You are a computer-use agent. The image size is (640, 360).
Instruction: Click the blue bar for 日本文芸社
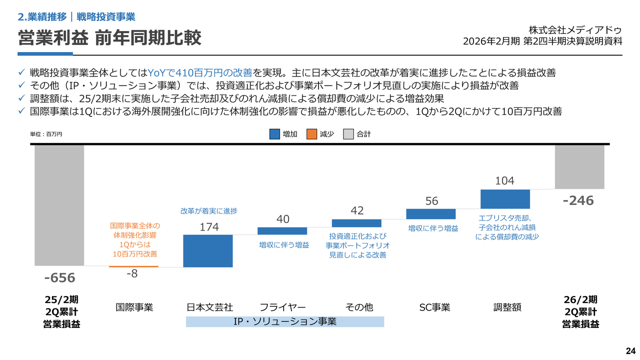pyautogui.click(x=208, y=250)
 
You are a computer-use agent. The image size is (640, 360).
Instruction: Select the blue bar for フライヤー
pyautogui.click(x=282, y=231)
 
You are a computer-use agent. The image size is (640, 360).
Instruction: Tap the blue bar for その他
pyautogui.click(x=356, y=223)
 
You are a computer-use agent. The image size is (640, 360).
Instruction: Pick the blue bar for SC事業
pyautogui.click(x=431, y=214)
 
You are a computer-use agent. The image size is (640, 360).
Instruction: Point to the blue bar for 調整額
pyautogui.click(x=505, y=199)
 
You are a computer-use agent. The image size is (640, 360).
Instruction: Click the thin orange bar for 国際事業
pyautogui.click(x=133, y=266)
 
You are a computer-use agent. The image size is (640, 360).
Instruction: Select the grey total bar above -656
pyautogui.click(x=59, y=205)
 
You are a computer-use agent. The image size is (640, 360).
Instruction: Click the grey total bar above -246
pyautogui.click(x=579, y=167)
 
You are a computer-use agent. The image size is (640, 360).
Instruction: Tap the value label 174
pyautogui.click(x=209, y=227)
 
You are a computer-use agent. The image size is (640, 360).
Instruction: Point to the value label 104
pyautogui.click(x=504, y=181)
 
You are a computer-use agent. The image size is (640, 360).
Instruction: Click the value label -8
pyautogui.click(x=132, y=273)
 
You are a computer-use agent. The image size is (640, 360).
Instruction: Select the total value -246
pyautogui.click(x=578, y=200)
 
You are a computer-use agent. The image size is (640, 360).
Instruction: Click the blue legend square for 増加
pyautogui.click(x=274, y=134)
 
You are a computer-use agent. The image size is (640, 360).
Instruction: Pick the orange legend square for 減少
pyautogui.click(x=311, y=134)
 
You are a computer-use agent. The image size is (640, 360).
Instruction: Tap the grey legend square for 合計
pyautogui.click(x=348, y=134)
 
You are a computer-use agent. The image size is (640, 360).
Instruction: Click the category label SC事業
pyautogui.click(x=434, y=307)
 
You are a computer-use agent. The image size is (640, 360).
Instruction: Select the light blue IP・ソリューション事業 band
pyautogui.click(x=285, y=321)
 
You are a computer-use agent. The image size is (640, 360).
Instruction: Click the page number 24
pyautogui.click(x=630, y=349)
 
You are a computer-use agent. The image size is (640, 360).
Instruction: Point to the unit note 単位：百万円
pyautogui.click(x=46, y=134)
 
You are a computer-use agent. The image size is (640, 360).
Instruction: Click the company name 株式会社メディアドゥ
pyautogui.click(x=575, y=30)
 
